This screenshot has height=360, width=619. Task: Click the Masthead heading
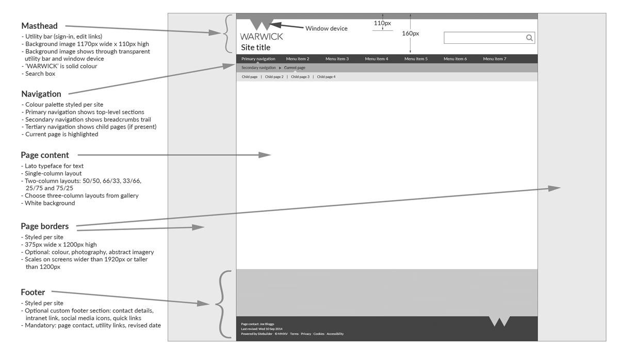39,26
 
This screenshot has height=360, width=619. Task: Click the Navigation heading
41,94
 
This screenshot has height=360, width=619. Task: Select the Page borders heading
44,226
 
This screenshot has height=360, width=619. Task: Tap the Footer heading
33,292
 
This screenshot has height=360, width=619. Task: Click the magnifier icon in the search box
529,38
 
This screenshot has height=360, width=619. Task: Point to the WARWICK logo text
262,37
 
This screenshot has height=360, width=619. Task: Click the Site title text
256,47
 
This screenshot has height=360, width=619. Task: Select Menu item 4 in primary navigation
377,59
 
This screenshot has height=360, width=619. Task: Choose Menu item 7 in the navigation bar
495,59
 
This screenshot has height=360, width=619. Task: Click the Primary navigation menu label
258,59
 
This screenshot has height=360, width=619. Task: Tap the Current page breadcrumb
295,68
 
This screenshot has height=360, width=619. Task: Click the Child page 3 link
300,77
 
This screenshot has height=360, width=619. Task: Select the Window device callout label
327,28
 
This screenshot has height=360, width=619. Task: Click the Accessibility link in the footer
335,334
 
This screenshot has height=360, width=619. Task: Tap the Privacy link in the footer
306,334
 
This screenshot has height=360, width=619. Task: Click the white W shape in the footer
499,321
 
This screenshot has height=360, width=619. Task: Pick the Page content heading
45,155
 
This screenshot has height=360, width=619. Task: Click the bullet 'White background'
50,203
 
